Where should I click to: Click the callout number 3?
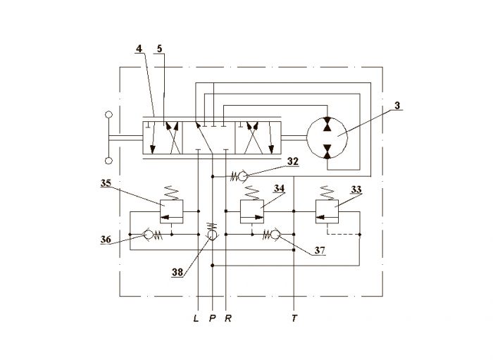coord(397,106)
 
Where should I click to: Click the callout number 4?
coord(139,49)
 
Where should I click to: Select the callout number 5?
coord(159,49)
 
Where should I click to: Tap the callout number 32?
coord(293,161)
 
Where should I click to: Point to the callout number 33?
coord(356,190)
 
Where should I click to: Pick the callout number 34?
coord(279,188)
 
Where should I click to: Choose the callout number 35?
coord(106,183)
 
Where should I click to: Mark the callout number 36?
coord(106,240)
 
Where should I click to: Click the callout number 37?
coord(320,250)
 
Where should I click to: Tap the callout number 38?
coord(177,272)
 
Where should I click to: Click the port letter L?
coord(196,318)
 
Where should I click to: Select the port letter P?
coord(213,318)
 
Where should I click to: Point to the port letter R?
coord(228,318)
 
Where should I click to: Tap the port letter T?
coord(294,318)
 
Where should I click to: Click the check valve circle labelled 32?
coord(243,176)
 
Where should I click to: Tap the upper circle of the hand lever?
coord(108,115)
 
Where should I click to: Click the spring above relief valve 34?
coord(252,193)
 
